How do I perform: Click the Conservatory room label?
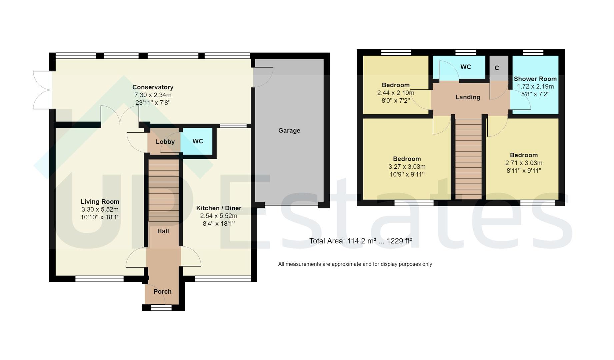pos(153,87)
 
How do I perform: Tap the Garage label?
pos(289,131)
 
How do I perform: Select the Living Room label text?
pos(100,202)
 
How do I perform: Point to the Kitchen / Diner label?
pos(219,208)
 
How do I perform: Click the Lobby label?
pos(165,142)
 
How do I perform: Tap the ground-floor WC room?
pos(198,141)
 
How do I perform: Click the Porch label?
pos(162,292)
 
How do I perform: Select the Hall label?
pos(163,231)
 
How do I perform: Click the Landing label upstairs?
pos(468,97)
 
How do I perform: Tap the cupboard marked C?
pos(497,68)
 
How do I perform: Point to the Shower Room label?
pos(535,79)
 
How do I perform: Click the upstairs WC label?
pos(465,67)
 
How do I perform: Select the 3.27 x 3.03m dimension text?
pos(407,167)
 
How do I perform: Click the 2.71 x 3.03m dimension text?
pos(524,163)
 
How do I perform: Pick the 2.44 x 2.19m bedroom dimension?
pos(396,93)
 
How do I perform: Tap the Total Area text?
pos(360,241)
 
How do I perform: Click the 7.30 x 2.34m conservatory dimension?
pos(153,95)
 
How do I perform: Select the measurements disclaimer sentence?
pos(355,264)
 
